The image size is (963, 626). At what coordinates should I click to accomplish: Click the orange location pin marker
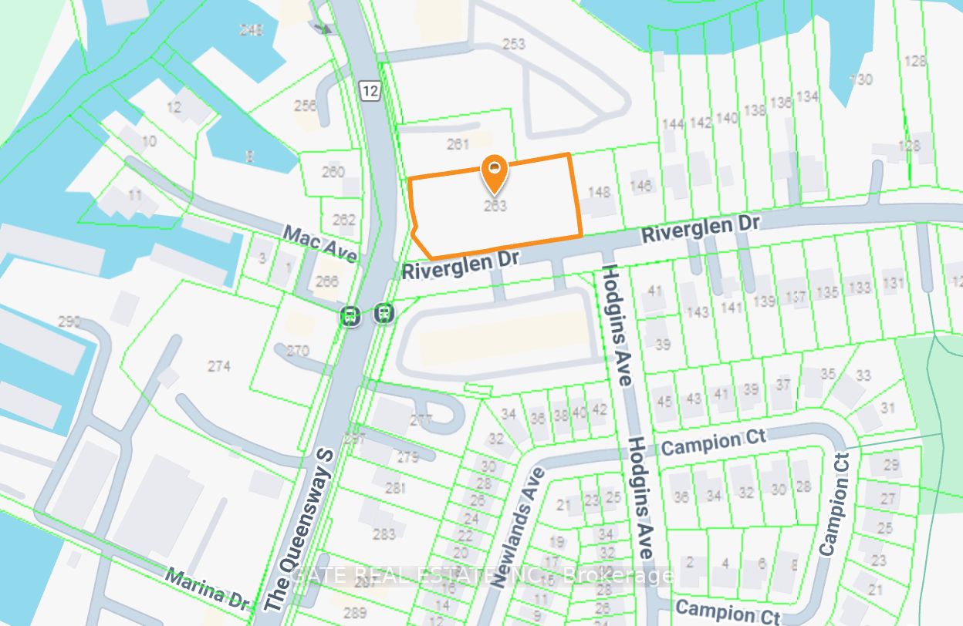coord(494,173)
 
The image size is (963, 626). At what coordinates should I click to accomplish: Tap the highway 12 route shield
coord(370,91)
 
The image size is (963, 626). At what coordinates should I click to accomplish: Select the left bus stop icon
coord(350,315)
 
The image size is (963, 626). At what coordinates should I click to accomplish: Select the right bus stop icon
coord(384,314)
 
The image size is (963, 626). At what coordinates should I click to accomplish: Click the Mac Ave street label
coord(319,244)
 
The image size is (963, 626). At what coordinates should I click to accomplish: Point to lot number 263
coord(495,206)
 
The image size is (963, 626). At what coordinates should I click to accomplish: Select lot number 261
coord(458,143)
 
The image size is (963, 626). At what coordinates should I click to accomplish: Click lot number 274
coord(219,366)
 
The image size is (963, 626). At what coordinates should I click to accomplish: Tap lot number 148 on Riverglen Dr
coord(599,191)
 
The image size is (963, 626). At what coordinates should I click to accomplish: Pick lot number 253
coord(513,44)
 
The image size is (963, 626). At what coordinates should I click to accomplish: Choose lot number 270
coord(297,351)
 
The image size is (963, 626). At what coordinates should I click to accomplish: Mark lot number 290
coord(69,321)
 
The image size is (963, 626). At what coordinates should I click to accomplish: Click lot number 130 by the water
coord(860,79)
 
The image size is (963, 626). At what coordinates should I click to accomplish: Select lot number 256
coord(306,106)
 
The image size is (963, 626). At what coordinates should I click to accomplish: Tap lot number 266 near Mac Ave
coord(327,281)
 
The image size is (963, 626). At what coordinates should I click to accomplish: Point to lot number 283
coord(384,533)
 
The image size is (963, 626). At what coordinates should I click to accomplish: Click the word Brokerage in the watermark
coord(617,575)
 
